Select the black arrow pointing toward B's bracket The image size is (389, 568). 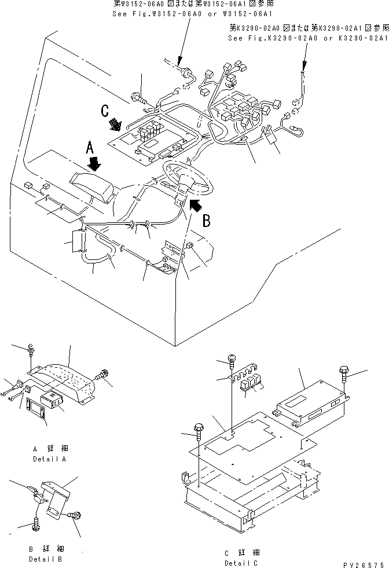coord(196,204)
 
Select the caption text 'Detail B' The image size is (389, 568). coord(46,559)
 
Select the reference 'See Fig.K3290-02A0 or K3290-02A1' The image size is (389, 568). coord(307,38)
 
